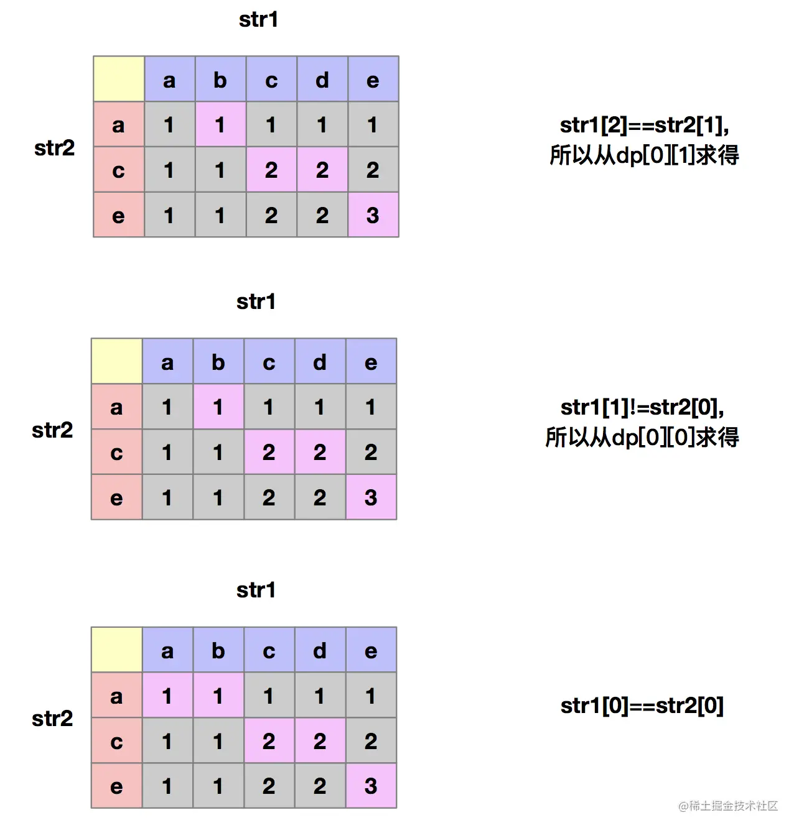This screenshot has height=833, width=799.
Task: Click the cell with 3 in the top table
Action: pos(373,215)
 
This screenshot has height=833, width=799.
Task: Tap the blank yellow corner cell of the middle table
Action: pos(117,361)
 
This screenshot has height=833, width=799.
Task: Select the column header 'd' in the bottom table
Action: pos(320,650)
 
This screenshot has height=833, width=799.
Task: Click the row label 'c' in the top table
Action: pos(118,170)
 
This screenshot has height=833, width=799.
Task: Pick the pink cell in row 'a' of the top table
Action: pos(220,124)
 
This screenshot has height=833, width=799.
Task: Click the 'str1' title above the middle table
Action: pos(256,302)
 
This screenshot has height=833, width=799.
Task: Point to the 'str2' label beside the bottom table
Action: pos(52,719)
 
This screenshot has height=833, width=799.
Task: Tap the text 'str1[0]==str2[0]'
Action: pos(642,706)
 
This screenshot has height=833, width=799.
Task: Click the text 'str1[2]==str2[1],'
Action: pos(644,126)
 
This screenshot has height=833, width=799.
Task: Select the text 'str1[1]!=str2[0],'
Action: pos(642,408)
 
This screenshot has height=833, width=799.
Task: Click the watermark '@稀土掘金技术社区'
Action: pos(728,806)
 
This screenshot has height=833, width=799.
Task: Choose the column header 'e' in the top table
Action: pos(373,80)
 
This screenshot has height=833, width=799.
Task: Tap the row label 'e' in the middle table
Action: pos(116,497)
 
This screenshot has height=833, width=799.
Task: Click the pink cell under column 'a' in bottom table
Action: pos(167,696)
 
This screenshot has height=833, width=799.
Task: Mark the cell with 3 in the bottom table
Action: pos(371,786)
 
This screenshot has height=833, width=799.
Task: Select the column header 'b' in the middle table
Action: pos(218,362)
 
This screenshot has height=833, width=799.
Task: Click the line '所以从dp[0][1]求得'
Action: pos(644,155)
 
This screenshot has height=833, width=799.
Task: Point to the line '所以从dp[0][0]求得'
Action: pos(642,438)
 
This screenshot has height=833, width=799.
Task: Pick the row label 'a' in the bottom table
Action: pos(116,696)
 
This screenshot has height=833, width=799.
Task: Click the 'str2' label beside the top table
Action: pos(54,148)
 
